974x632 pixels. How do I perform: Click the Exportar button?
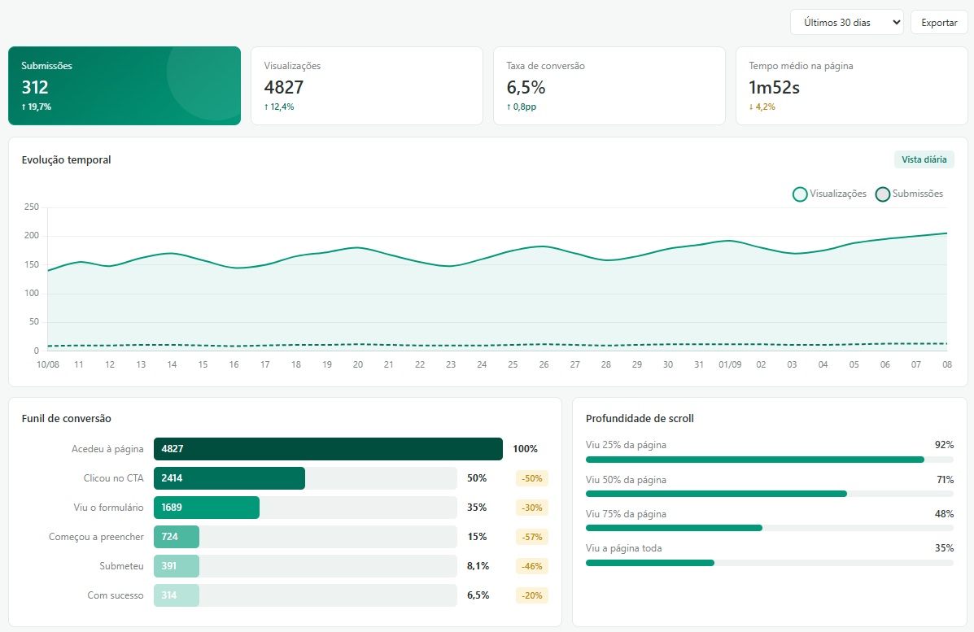point(938,22)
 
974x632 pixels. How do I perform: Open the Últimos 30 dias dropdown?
point(847,22)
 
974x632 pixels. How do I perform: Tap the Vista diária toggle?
point(924,159)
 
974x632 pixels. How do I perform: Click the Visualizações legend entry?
point(829,194)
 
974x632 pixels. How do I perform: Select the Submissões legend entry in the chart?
point(910,194)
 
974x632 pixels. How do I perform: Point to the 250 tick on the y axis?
point(31,207)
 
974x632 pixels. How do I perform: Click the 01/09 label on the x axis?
point(730,364)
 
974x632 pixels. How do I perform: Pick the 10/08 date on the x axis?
point(48,364)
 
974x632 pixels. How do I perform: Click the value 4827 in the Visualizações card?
point(284,88)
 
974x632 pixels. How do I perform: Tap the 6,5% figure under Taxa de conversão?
point(526,88)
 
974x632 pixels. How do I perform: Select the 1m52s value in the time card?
point(774,88)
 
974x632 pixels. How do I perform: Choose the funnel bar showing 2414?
point(229,478)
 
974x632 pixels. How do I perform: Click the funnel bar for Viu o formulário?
point(207,508)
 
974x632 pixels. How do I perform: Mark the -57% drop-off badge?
point(531,536)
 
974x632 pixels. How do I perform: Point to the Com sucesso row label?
point(116,595)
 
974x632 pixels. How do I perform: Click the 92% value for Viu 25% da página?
point(944,445)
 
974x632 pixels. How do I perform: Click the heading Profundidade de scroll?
point(640,418)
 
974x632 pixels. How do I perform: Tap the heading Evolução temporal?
point(67,160)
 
